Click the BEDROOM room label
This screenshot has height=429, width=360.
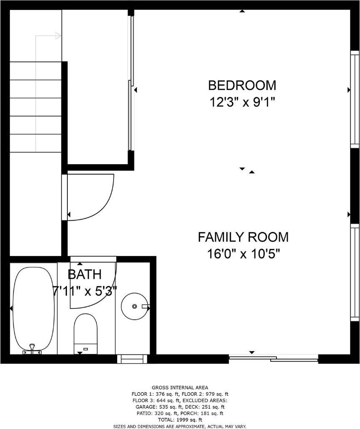pyautogui.click(x=242, y=85)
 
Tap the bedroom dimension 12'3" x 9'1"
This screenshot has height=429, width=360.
pyautogui.click(x=242, y=103)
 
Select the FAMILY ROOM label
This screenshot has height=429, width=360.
pyautogui.click(x=243, y=237)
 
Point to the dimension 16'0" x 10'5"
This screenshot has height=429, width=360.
pyautogui.click(x=243, y=254)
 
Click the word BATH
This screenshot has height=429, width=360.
pyautogui.click(x=84, y=274)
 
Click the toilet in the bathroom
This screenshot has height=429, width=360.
pyautogui.click(x=86, y=333)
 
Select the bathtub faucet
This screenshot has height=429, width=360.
pyautogui.click(x=32, y=349)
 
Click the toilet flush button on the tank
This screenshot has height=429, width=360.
pyautogui.click(x=86, y=349)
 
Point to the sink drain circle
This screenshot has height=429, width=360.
pyautogui.click(x=134, y=306)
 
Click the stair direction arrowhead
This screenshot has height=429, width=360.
pyautogui.click(x=59, y=36)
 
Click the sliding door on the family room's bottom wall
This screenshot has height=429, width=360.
pyautogui.click(x=273, y=358)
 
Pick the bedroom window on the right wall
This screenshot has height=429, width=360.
pyautogui.click(x=355, y=99)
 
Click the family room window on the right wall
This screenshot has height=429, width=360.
pyautogui.click(x=355, y=272)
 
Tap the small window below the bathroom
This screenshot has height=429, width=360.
pyautogui.click(x=132, y=359)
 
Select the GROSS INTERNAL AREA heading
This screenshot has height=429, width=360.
pyautogui.click(x=180, y=387)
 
